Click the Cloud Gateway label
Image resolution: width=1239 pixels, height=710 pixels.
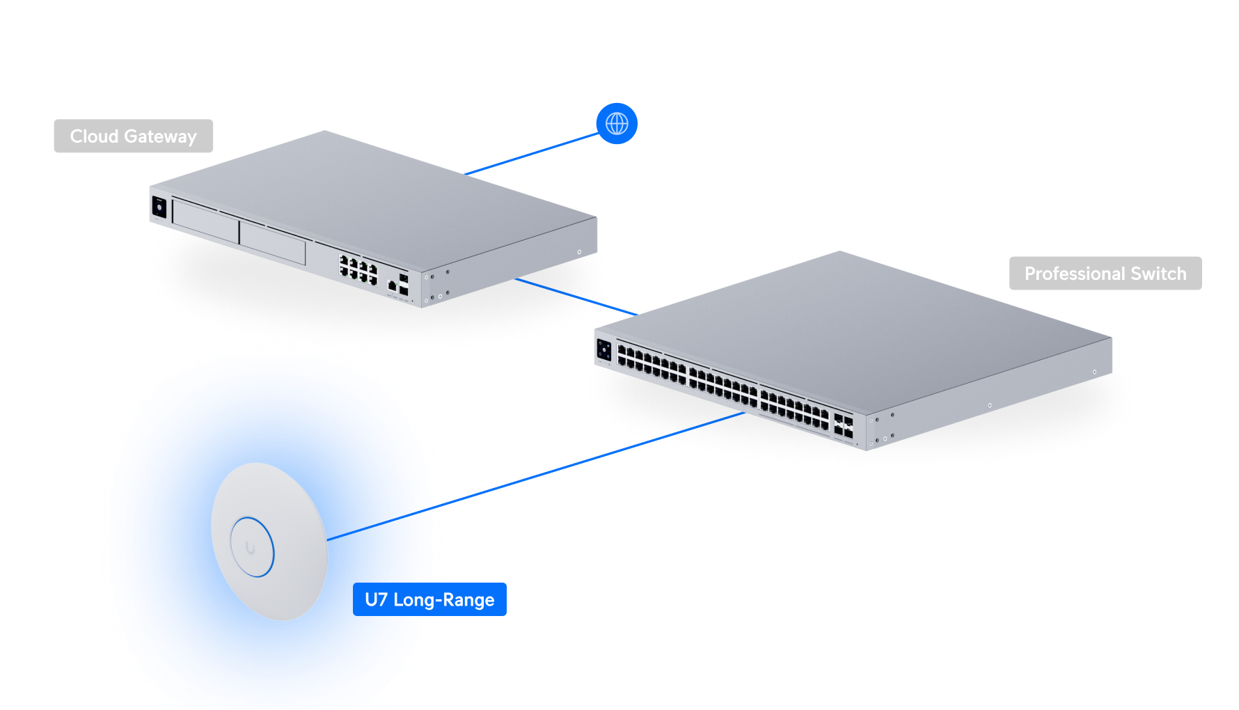(x=133, y=136)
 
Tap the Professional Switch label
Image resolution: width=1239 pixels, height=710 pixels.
(x=1105, y=274)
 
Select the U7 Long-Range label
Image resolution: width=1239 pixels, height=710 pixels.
(x=429, y=599)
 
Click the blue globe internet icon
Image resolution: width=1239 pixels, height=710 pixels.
(x=617, y=124)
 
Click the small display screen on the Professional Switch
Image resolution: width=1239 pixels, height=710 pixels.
(x=603, y=349)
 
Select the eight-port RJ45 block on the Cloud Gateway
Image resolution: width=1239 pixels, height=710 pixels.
(x=358, y=269)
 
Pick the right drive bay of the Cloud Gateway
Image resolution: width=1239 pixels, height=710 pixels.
(x=272, y=243)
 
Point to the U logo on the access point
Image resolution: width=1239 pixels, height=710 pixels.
(x=250, y=549)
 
